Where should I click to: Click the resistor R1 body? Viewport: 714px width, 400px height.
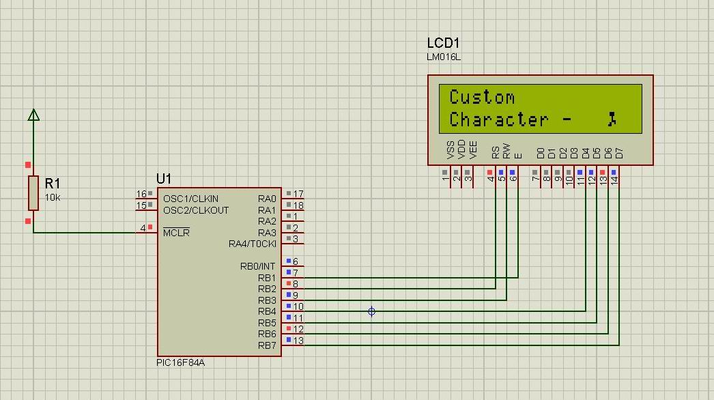(x=33, y=192)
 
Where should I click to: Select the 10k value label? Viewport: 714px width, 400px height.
(x=52, y=197)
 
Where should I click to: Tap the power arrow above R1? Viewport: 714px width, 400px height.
(x=33, y=115)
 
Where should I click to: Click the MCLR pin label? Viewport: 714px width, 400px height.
(x=176, y=233)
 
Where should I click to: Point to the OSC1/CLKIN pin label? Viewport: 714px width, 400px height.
(x=190, y=199)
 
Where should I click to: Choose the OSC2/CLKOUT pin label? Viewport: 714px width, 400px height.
(x=196, y=210)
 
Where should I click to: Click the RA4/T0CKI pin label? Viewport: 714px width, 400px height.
(x=252, y=244)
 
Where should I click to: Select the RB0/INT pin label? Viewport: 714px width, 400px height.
(x=257, y=266)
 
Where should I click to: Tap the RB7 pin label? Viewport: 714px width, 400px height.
(x=267, y=345)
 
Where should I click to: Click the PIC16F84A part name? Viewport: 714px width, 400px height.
(x=180, y=362)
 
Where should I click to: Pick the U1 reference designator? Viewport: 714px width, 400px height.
(x=164, y=179)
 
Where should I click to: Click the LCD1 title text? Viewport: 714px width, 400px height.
(x=444, y=44)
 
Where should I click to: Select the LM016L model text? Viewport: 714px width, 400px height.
(x=444, y=57)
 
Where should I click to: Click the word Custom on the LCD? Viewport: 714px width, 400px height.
(x=482, y=97)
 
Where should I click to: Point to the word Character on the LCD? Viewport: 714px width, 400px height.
(x=499, y=119)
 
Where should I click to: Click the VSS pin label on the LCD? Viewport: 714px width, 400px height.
(x=450, y=149)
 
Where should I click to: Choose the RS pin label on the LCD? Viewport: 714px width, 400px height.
(x=495, y=151)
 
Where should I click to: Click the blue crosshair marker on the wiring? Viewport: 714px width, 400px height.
(x=371, y=311)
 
